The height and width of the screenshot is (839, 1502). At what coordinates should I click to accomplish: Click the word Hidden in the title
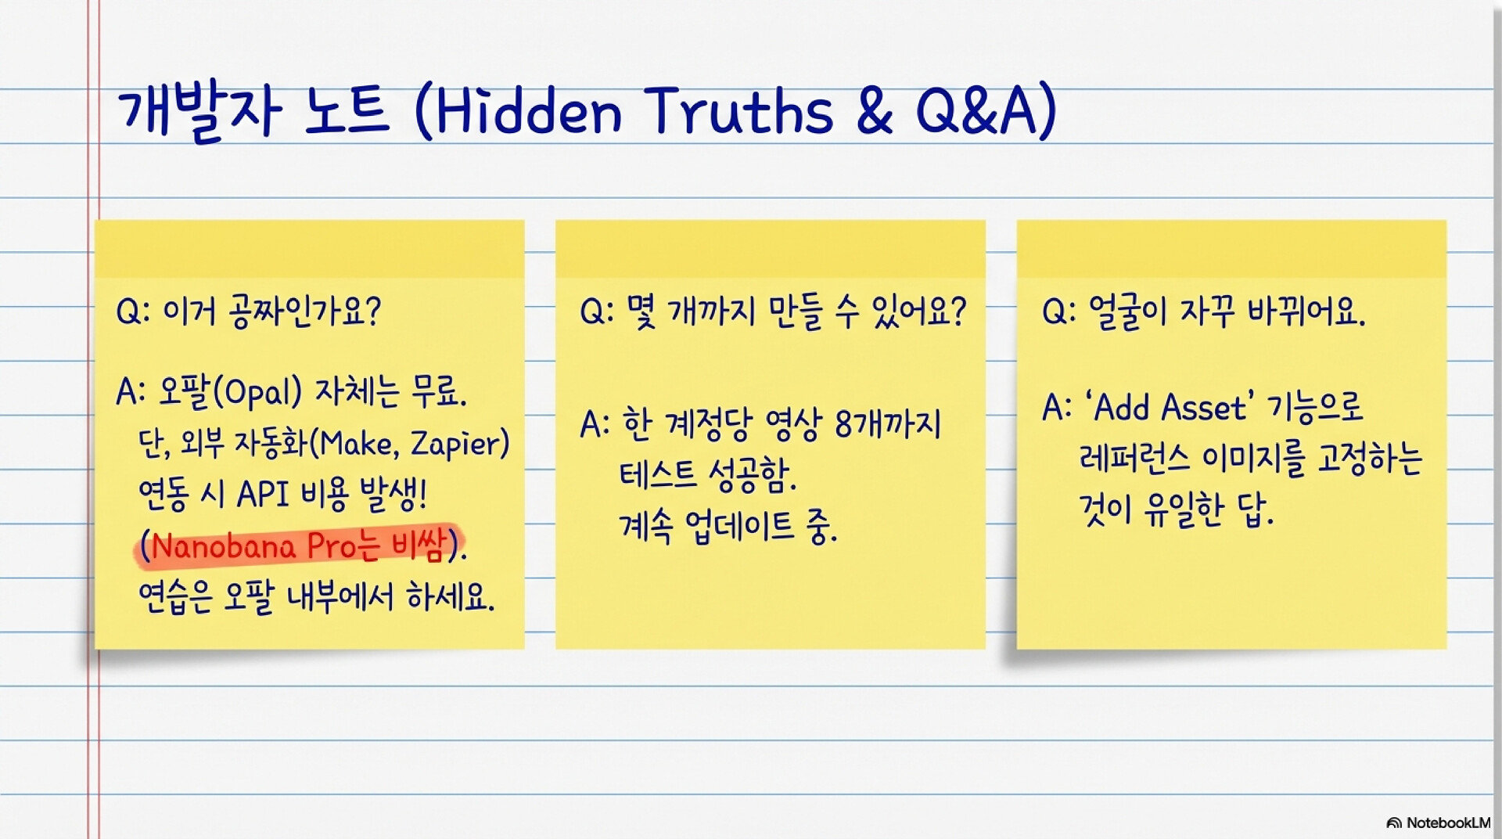528,110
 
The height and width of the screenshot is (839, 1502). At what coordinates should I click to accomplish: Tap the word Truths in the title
739,110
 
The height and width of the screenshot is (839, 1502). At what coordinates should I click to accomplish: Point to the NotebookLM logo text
1447,823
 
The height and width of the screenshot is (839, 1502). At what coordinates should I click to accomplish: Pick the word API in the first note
263,495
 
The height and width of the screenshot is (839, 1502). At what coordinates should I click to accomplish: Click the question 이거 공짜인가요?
271,311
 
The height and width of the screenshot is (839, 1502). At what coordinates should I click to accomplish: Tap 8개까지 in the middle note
888,425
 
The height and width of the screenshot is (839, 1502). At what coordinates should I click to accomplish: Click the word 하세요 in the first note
451,597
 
